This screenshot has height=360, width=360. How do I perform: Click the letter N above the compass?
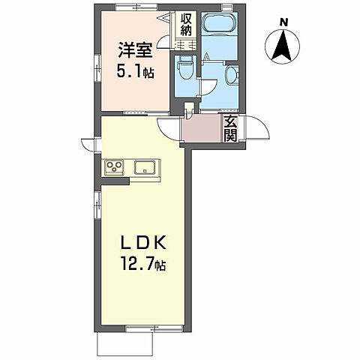(283, 22)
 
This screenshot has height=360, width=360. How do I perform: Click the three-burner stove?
(115, 166)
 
